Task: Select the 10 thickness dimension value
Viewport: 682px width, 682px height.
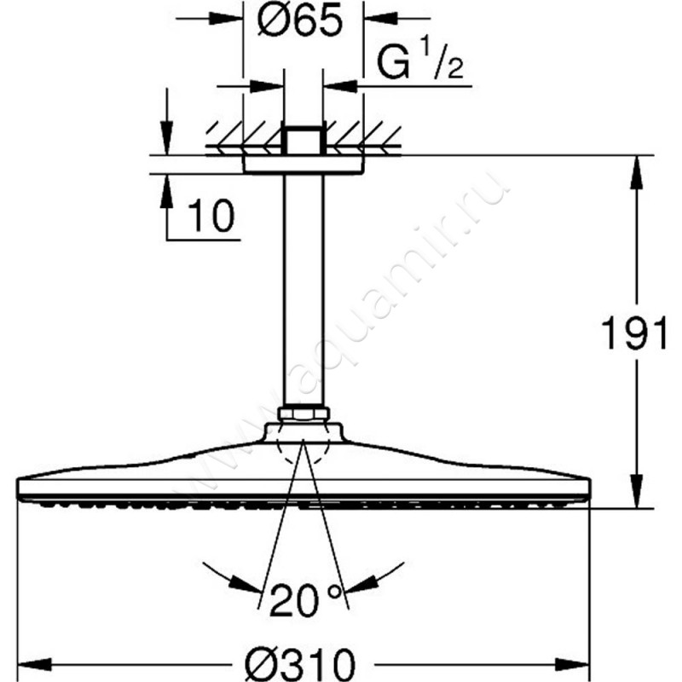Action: tap(211, 217)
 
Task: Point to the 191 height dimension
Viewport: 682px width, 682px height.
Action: tap(633, 332)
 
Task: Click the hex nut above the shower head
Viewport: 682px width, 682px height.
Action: tap(303, 413)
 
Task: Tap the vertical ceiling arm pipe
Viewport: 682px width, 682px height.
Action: tap(303, 290)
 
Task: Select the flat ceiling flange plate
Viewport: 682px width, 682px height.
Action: tap(303, 165)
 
